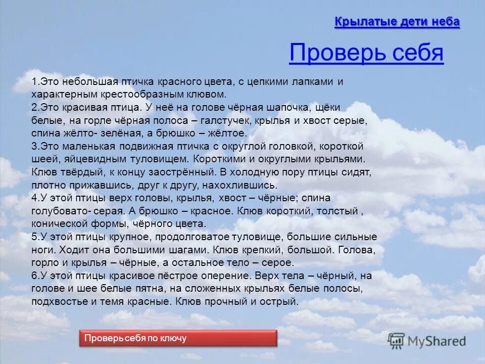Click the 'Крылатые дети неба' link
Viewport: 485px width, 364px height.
[x=397, y=22]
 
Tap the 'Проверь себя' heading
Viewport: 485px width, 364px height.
[x=366, y=53]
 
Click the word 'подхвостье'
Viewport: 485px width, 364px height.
[x=55, y=302]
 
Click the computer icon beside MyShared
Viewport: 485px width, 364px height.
[x=397, y=340]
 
